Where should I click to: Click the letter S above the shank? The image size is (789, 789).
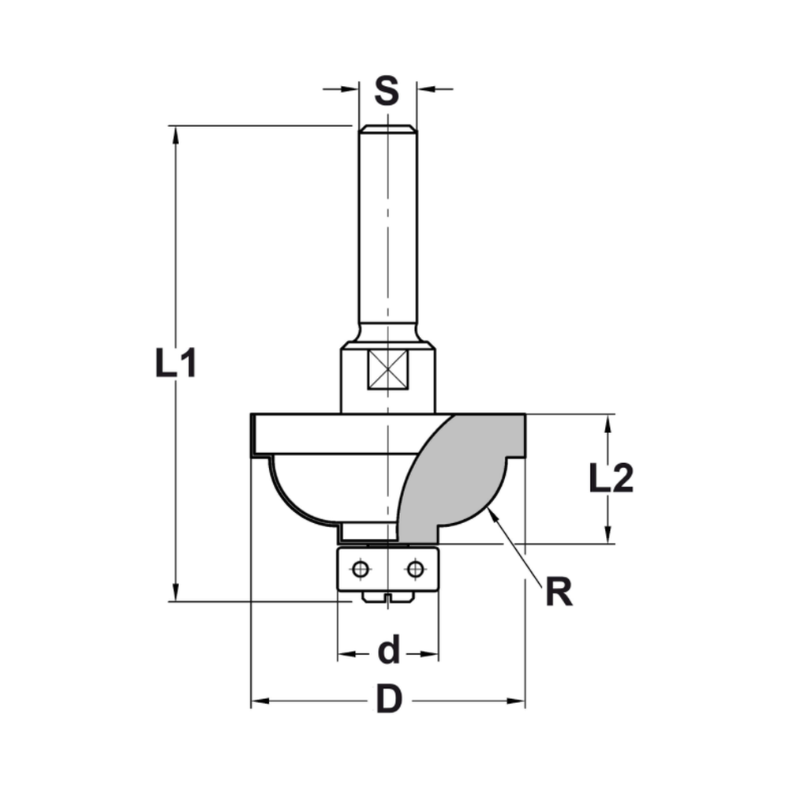387,91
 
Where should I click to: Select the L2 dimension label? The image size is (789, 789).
611,479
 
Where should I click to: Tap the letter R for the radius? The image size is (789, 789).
559,592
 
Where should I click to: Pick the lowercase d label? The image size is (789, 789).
388,652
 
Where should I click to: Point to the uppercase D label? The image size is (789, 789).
388,699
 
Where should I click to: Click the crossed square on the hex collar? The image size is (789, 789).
387,369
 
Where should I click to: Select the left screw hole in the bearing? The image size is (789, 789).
361,568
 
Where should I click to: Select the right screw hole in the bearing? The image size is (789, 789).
415,568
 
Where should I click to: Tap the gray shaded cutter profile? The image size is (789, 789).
458,473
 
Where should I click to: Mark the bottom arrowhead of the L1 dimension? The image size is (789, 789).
175,593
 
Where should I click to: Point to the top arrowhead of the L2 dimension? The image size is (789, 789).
608,423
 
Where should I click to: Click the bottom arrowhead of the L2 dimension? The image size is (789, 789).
608,535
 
